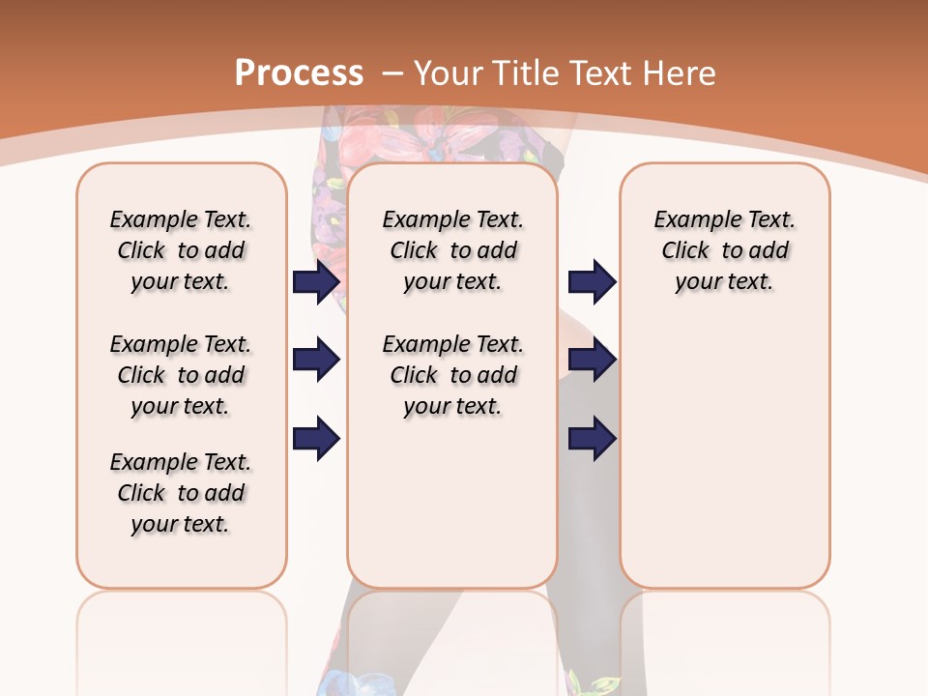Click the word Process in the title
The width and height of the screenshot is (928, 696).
[299, 73]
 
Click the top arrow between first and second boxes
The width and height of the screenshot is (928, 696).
[317, 281]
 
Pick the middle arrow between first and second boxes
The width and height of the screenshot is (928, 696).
[317, 360]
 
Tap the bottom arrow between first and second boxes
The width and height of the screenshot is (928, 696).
[317, 439]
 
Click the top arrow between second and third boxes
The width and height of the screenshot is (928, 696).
[592, 281]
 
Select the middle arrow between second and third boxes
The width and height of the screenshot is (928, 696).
[592, 360]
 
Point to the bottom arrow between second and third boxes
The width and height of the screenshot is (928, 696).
[592, 439]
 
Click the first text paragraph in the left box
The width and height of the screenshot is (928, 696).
[181, 250]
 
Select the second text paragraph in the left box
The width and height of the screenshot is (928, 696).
[181, 375]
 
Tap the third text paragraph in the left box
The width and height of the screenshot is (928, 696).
[181, 493]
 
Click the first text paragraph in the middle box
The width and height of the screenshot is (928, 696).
[452, 250]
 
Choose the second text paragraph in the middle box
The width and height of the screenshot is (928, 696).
[452, 375]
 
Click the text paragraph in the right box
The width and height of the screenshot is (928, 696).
[725, 250]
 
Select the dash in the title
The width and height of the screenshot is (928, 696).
[391, 73]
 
